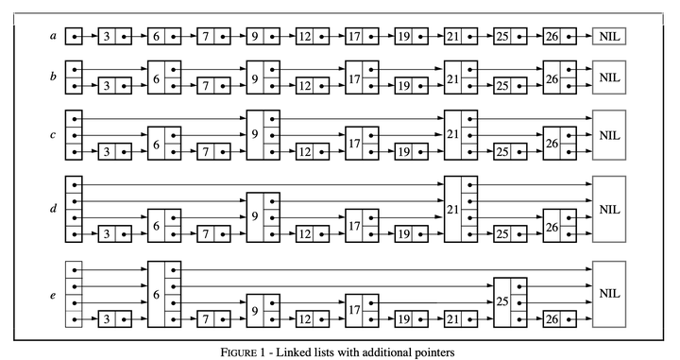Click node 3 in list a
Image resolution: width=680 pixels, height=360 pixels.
click(x=114, y=36)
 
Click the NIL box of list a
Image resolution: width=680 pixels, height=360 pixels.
click(x=610, y=36)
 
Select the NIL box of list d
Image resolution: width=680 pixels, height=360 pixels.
click(x=610, y=208)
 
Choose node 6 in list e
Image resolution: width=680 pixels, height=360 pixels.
click(x=163, y=296)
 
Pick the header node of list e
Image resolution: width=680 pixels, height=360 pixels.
click(x=75, y=296)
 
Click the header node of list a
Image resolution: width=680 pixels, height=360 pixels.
click(x=75, y=36)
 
